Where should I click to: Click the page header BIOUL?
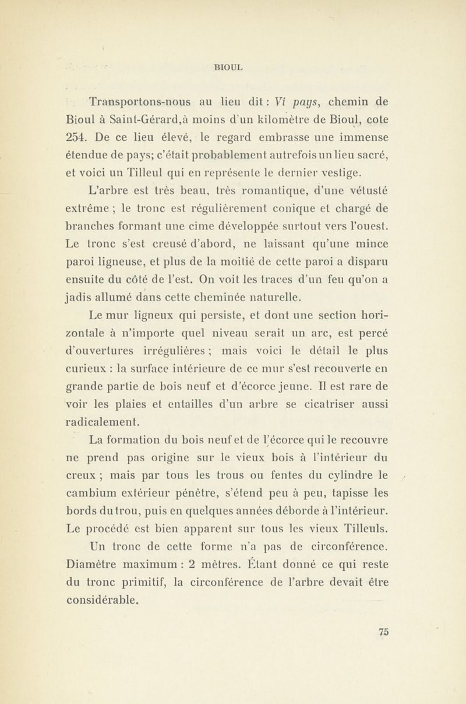coord(232,67)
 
